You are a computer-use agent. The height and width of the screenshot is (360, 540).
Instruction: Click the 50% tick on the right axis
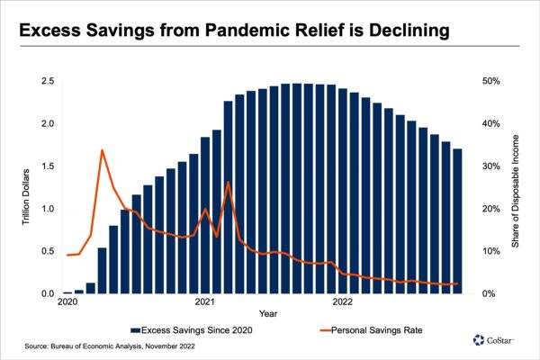coord(491,81)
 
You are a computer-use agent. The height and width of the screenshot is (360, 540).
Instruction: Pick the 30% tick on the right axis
coord(491,166)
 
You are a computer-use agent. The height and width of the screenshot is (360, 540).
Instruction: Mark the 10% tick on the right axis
coord(491,252)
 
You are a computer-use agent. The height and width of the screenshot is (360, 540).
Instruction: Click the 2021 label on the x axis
coord(204,302)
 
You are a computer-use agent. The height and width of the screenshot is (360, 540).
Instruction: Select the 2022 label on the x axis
coord(343,302)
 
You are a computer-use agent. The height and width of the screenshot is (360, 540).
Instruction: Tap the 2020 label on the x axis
coord(67,302)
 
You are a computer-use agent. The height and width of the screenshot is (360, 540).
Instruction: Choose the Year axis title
coord(268,314)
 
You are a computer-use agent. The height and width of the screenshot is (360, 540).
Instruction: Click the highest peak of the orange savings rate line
coord(102,150)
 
